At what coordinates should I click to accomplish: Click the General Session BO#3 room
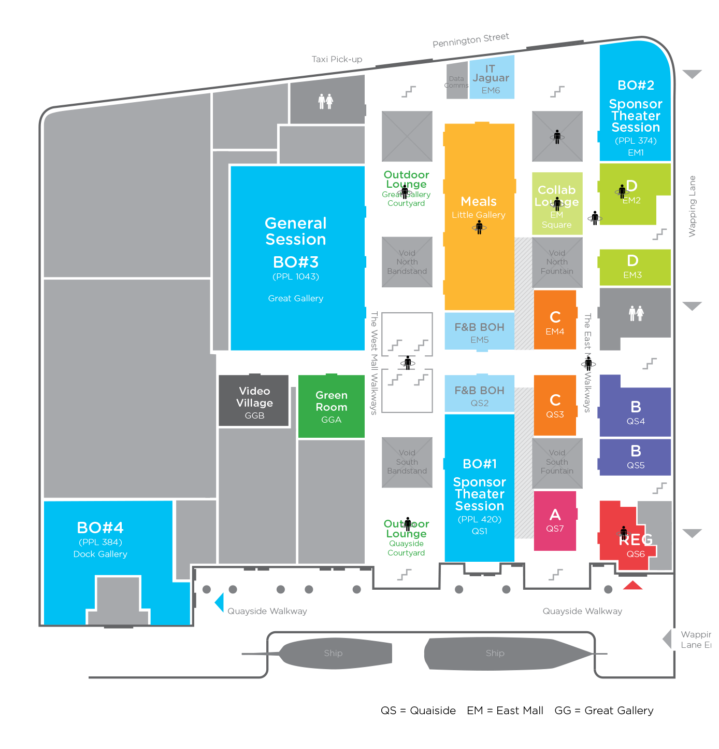[296, 258]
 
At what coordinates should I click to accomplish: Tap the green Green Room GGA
[331, 407]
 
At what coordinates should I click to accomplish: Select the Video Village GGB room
[254, 402]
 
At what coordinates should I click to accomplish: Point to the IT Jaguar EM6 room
[491, 78]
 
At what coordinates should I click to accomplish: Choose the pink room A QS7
[555, 520]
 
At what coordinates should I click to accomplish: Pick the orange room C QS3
[555, 405]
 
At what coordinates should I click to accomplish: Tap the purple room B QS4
[635, 412]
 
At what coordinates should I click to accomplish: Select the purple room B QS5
[635, 457]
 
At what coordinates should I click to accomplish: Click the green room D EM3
[635, 267]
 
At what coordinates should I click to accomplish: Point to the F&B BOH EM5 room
[479, 332]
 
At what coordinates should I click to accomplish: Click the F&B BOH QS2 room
[479, 395]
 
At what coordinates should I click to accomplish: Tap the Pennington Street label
[470, 40]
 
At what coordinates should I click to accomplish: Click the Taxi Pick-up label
[337, 60]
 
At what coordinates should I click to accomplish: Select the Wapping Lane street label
[692, 206]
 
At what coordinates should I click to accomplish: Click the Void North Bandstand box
[407, 262]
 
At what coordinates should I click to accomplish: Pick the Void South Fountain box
[557, 462]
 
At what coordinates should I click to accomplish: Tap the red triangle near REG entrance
[632, 586]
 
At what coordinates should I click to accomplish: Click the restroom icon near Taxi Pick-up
[326, 101]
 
